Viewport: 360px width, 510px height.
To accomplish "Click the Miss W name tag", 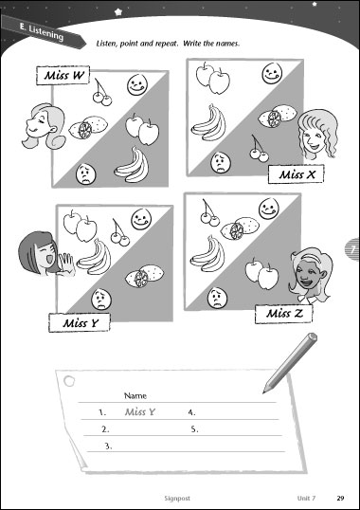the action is coord(63,75).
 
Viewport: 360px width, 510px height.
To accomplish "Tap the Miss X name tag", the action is coord(296,174).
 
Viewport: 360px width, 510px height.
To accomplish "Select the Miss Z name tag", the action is coord(283,314).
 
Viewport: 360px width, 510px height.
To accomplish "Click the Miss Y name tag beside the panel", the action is coord(80,322).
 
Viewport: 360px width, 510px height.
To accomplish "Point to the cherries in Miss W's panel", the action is coord(101,92).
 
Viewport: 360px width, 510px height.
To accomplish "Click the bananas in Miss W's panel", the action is coord(132,165).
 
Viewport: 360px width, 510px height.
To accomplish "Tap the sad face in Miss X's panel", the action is coord(221,163).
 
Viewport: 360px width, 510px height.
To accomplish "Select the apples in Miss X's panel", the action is coord(212,78).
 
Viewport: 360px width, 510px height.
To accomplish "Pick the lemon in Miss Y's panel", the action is coord(144,276).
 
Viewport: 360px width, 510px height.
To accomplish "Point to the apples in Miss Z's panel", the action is coord(261,273).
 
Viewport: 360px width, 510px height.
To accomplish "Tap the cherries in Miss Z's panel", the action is coord(209,213).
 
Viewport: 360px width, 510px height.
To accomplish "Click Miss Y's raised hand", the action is coord(67,264).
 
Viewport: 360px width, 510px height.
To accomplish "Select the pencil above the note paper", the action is coord(290,363).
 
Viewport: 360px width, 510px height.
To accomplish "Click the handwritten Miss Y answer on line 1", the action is coord(140,412).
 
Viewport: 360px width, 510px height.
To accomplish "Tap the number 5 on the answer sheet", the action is coord(194,429).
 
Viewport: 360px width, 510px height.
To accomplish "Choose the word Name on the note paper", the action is coord(135,396).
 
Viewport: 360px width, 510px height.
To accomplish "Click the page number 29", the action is coord(340,498).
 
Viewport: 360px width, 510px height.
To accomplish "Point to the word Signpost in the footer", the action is coord(177,499).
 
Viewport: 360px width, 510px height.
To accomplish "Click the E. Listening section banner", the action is coord(44,31).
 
